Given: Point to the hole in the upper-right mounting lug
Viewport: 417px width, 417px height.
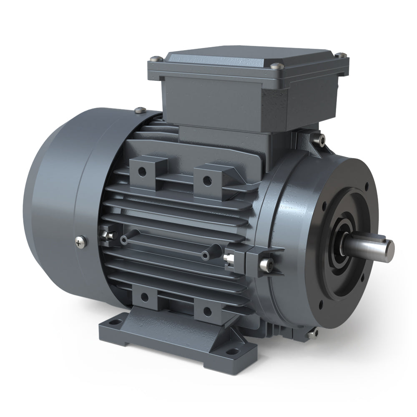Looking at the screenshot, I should pyautogui.click(x=206, y=181).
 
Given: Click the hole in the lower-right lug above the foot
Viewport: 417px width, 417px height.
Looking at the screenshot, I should pyautogui.click(x=207, y=311).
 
